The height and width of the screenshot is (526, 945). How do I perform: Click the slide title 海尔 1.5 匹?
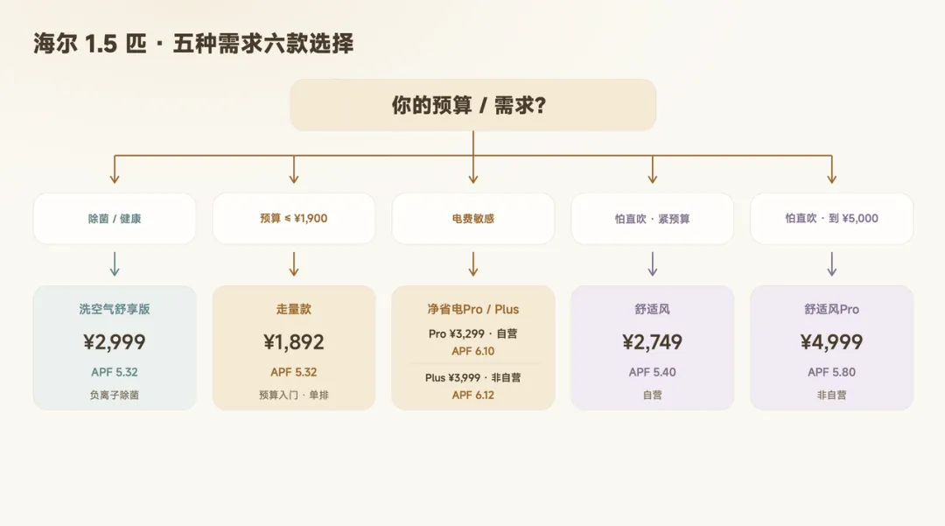(90, 44)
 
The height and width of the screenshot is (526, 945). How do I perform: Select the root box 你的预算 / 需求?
(473, 105)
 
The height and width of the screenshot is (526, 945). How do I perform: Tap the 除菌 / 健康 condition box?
(115, 218)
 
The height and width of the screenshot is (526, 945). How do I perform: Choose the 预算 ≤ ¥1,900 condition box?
(293, 218)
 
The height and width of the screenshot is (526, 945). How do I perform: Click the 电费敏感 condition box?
(473, 218)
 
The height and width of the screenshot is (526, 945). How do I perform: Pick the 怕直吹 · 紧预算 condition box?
(652, 218)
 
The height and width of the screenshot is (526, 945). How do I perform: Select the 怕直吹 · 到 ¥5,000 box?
(832, 218)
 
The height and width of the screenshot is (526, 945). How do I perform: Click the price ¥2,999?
(115, 342)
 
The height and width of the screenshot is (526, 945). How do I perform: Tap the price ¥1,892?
(293, 342)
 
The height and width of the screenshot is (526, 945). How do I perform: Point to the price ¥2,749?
(652, 342)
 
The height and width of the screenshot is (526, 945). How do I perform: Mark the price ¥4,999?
(832, 342)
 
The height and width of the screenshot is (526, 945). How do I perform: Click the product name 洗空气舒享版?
(115, 309)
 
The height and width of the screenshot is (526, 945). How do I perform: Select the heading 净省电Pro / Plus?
(473, 309)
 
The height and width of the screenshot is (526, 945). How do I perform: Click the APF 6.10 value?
(473, 351)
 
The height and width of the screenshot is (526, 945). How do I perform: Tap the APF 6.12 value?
(473, 396)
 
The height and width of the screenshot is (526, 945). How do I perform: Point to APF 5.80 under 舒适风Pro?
(832, 372)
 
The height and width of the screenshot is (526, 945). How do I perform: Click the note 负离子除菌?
(115, 396)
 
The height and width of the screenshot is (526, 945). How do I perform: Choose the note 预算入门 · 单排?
(293, 396)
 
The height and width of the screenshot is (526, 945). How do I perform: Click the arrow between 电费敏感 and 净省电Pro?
(473, 264)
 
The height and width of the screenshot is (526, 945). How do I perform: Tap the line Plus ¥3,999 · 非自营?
(473, 378)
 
